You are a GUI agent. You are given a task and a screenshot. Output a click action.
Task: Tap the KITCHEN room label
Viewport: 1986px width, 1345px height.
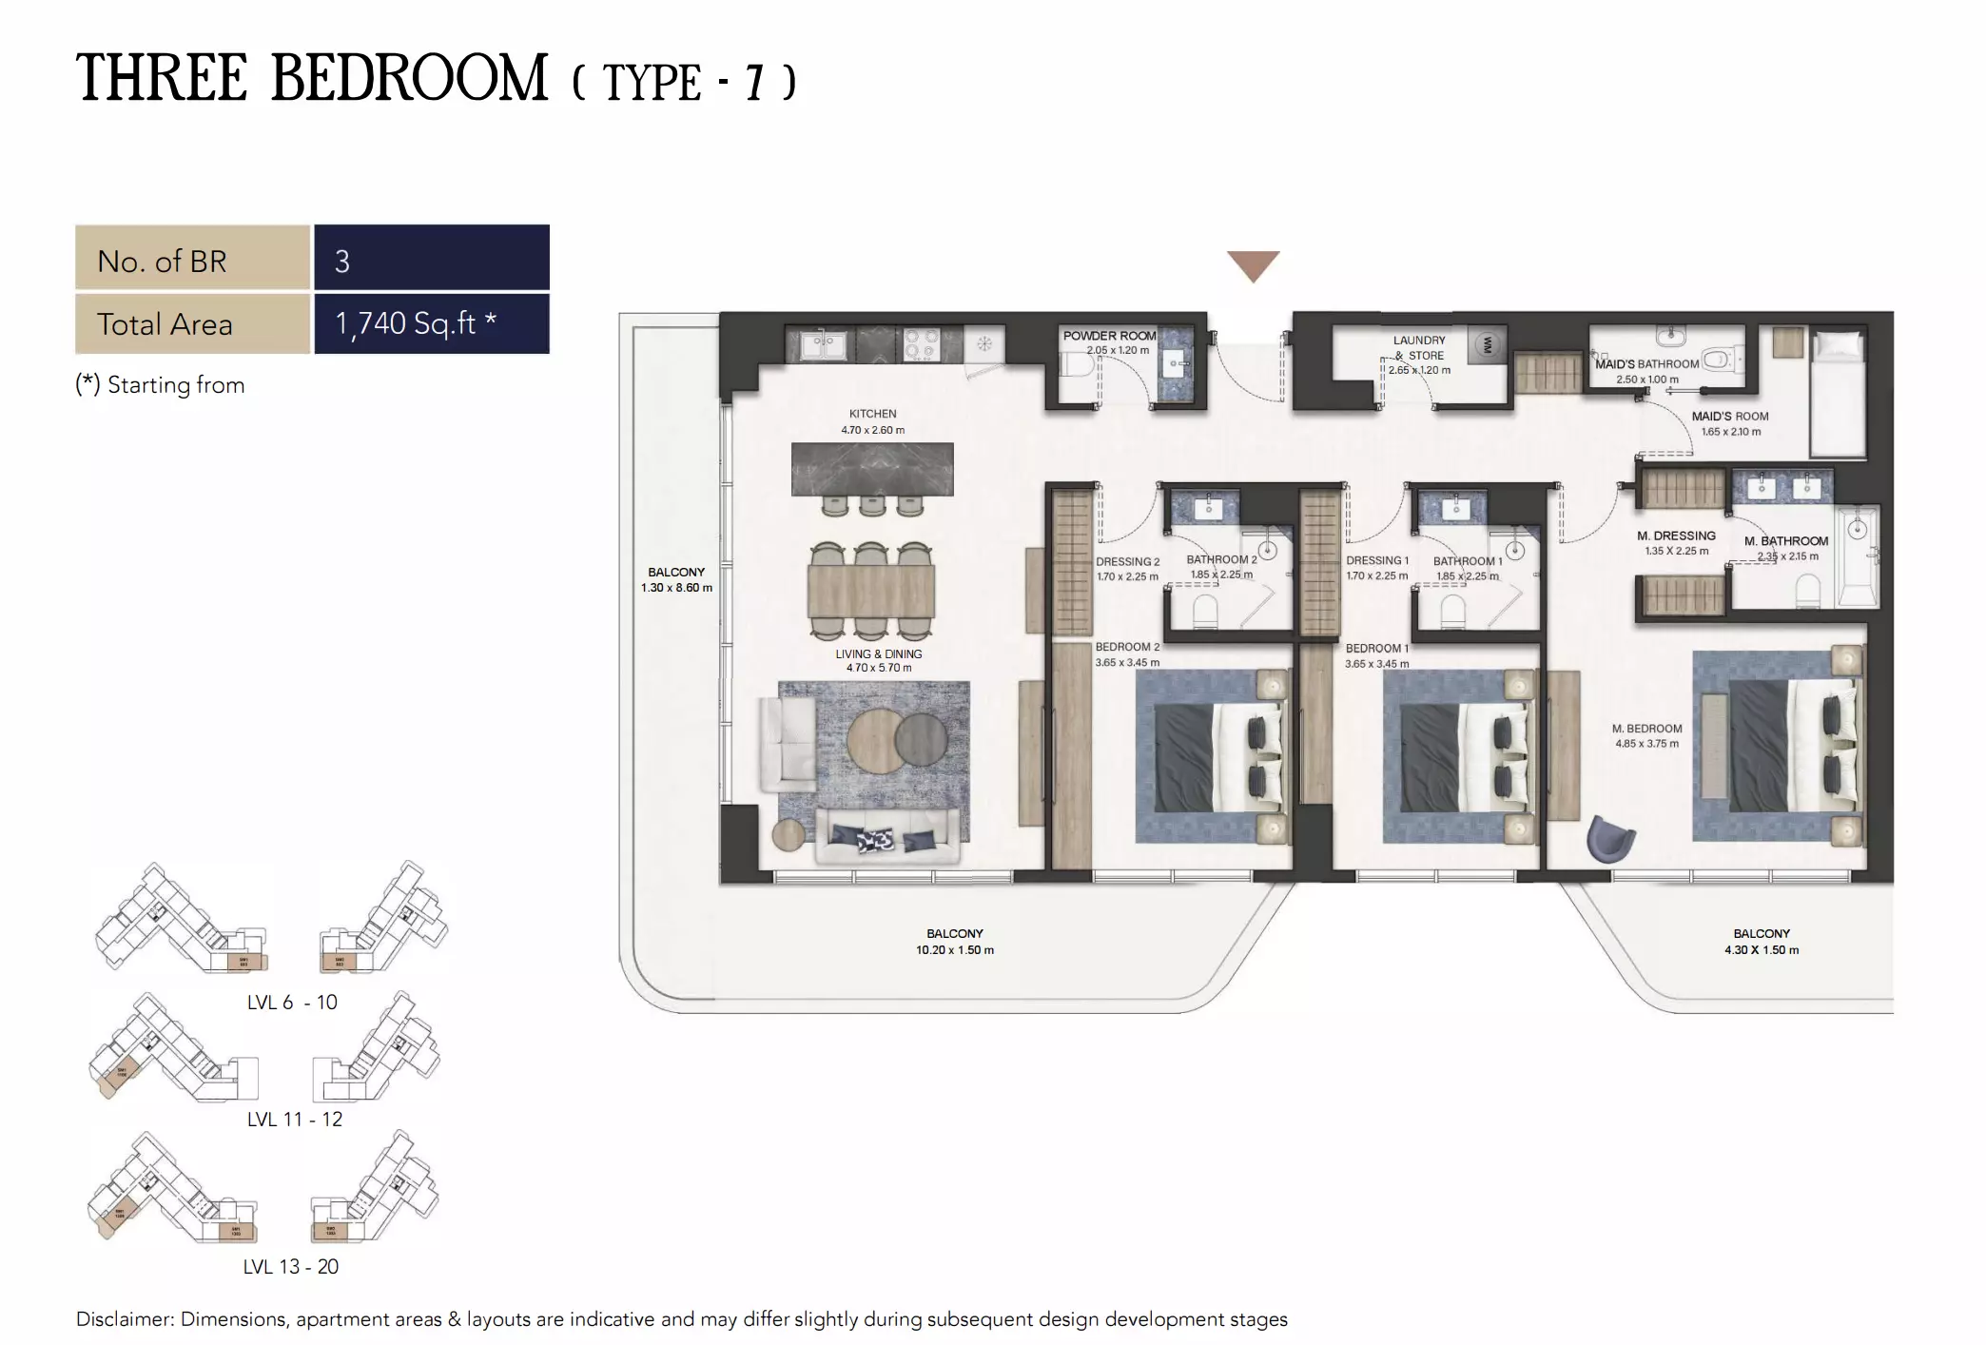872,414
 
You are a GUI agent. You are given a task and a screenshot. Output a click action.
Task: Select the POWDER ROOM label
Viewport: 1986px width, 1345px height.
1109,336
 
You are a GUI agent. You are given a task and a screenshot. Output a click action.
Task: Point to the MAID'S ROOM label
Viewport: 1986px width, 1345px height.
1730,417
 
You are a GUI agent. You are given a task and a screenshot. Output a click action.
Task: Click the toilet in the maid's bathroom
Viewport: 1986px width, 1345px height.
1717,360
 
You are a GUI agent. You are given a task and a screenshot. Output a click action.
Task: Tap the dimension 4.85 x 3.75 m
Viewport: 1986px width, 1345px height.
1646,744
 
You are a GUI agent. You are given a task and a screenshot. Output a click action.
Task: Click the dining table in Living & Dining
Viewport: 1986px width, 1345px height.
871,591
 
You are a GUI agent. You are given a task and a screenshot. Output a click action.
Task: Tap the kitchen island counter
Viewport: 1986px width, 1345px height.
872,469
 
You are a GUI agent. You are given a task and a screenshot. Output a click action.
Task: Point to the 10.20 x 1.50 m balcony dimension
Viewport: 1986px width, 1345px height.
955,950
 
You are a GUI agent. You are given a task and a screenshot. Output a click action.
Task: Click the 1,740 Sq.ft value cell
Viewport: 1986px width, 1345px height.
432,323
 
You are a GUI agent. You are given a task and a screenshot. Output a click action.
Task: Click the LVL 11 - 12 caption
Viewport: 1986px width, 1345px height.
294,1120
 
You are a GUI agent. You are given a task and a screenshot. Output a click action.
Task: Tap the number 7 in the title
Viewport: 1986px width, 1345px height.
754,83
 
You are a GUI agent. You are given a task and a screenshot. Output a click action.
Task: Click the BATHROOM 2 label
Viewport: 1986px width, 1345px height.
1221,559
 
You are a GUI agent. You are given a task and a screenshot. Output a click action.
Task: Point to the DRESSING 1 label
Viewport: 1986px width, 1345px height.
1376,560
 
